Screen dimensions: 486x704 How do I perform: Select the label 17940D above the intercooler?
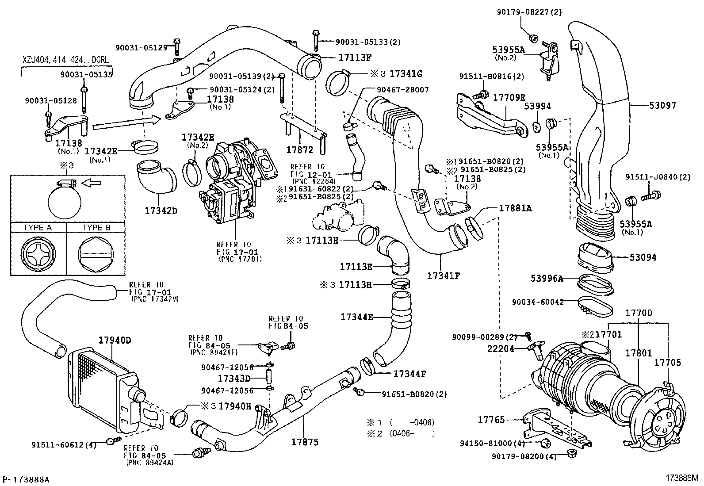[115, 341]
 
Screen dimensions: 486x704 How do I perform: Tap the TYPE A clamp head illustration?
[38, 255]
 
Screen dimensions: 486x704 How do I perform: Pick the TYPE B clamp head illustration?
[94, 255]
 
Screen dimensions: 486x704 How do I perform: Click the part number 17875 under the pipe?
[305, 442]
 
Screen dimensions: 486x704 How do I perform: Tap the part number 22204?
[501, 349]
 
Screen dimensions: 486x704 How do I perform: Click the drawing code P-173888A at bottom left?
[26, 479]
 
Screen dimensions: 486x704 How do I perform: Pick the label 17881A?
[515, 208]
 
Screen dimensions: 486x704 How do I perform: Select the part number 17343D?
[234, 379]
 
